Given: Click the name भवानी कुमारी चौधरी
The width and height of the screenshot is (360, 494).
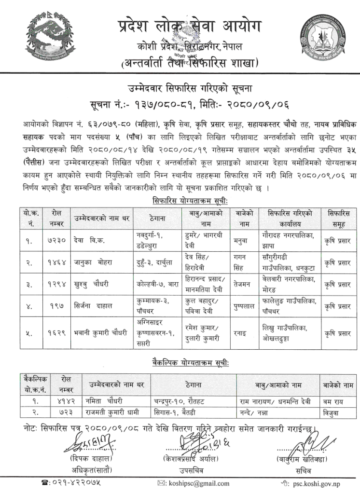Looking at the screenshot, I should (x=101, y=333).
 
